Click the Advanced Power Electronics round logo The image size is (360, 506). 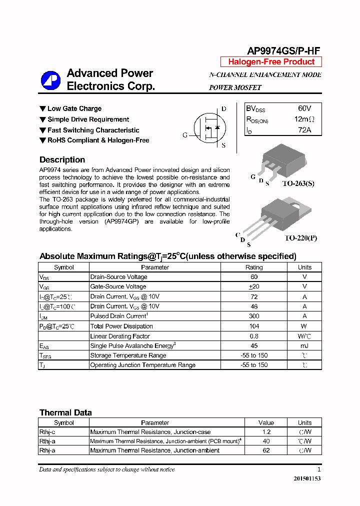pos(50,80)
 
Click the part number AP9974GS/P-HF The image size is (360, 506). pos(283,50)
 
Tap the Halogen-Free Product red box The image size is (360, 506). pos(271,62)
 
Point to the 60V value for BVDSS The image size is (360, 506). pos(304,108)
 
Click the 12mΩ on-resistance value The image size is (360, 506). pos(304,119)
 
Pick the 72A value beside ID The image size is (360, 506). pos(304,130)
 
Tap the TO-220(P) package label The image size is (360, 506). pos(301,238)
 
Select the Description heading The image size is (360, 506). pos(62,160)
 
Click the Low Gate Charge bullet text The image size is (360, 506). pos(74,108)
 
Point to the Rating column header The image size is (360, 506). pos(253,267)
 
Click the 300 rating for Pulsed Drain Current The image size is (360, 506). pos(253,316)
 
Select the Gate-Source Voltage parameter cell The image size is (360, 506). pos(118,286)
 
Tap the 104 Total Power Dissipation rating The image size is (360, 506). pos(253,326)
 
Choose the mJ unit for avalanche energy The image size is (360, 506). pos(304,345)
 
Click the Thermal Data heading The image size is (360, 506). pos(65,413)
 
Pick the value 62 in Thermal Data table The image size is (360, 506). pos(266,450)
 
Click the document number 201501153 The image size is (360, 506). pos(307,478)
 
